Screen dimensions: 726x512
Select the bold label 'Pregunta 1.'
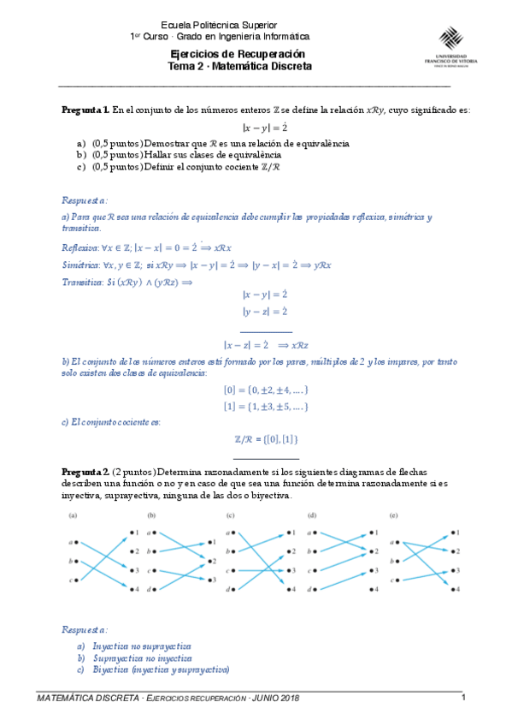[x=85, y=110]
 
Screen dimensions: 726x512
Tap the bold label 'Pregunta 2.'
[x=85, y=472]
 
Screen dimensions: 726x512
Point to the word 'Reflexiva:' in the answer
[x=80, y=247]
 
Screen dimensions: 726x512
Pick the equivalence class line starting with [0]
[x=265, y=390]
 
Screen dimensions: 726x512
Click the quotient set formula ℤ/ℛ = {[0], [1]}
[x=266, y=438]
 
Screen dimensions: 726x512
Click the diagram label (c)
[x=230, y=515]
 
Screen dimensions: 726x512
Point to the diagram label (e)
[x=392, y=515]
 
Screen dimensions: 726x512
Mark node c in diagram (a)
[x=77, y=580]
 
